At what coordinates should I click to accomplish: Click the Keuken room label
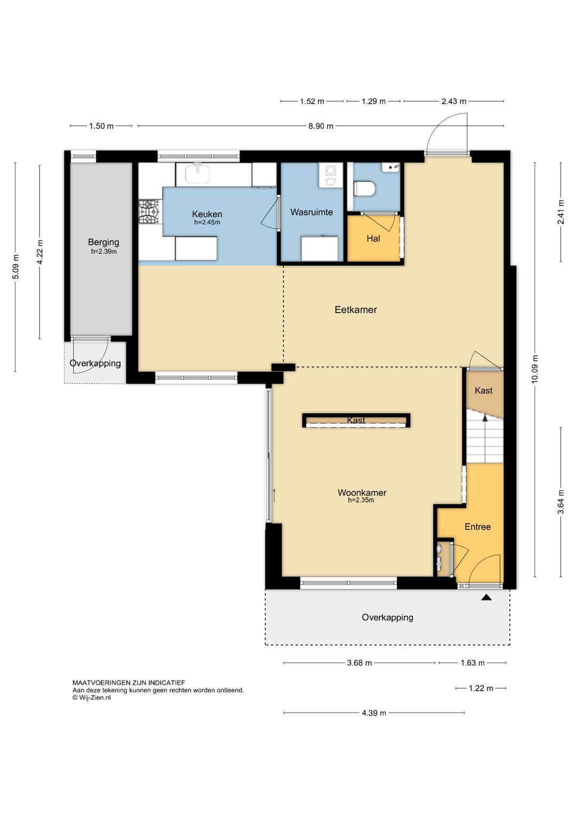[x=207, y=214]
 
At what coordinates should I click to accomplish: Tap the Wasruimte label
[x=311, y=212]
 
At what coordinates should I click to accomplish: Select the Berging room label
[x=103, y=242]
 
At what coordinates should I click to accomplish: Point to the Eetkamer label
[x=355, y=309]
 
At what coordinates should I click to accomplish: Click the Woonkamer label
[x=362, y=492]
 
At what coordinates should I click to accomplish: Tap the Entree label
[x=477, y=526]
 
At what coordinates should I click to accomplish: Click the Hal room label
[x=373, y=238]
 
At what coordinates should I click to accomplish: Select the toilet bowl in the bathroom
[x=364, y=189]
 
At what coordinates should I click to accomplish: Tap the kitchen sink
[x=197, y=173]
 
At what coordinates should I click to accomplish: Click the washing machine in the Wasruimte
[x=331, y=175]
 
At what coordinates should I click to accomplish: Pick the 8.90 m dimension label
[x=321, y=126]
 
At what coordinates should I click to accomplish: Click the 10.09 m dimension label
[x=534, y=369]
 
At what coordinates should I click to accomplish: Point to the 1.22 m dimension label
[x=481, y=688]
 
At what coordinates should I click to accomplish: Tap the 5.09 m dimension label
[x=15, y=267]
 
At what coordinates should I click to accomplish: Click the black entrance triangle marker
[x=486, y=597]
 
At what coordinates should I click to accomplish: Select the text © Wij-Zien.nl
[x=91, y=697]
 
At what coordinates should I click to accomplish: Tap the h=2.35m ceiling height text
[x=361, y=500]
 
